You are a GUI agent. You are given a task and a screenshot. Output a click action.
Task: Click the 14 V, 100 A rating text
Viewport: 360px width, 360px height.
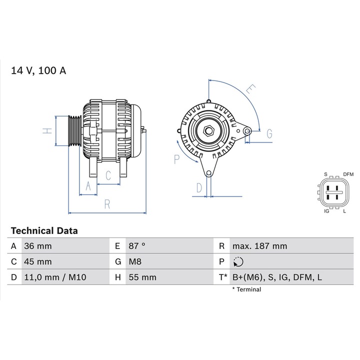click(38, 70)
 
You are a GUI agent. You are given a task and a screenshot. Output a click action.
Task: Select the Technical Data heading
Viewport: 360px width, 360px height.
click(44, 231)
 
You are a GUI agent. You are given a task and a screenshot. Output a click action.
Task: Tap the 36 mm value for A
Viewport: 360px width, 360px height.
click(37, 246)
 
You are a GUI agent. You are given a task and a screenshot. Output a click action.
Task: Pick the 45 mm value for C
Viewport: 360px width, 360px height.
click(37, 261)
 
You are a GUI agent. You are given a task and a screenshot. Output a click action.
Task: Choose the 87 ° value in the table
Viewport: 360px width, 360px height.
click(136, 246)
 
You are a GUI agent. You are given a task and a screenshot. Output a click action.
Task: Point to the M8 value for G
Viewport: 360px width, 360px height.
click(135, 261)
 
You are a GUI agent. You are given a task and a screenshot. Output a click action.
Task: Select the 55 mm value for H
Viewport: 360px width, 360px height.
click(142, 277)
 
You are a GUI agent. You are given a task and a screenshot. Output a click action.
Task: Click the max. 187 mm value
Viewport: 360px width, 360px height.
click(259, 246)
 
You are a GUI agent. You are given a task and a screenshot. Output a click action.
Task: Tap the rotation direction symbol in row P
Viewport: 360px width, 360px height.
click(237, 261)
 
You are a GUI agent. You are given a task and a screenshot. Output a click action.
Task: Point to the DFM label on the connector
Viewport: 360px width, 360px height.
click(348, 174)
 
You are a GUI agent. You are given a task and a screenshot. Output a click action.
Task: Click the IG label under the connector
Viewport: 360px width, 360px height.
click(326, 211)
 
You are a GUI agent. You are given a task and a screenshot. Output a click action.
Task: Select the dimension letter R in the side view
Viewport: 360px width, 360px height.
click(107, 203)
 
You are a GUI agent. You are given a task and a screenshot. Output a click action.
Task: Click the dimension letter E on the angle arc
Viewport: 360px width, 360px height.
click(250, 89)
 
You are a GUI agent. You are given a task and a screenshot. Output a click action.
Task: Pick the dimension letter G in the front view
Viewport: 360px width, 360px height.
click(269, 133)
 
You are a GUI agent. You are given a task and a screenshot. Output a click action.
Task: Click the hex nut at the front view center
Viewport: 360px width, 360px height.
click(208, 131)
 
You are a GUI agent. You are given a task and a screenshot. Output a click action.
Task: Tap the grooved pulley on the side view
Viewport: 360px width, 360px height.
click(73, 131)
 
